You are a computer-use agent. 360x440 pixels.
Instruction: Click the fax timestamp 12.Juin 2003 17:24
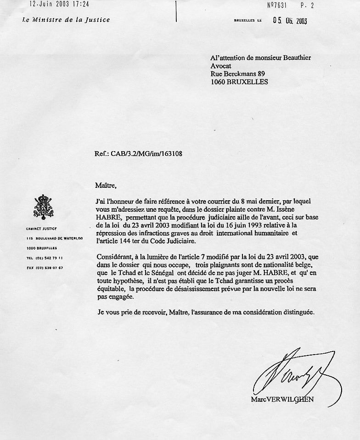[x=59, y=4]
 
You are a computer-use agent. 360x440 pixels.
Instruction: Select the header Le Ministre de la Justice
[x=66, y=20]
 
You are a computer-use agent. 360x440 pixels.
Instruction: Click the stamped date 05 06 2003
[x=290, y=20]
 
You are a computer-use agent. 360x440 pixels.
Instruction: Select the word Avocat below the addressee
[x=221, y=66]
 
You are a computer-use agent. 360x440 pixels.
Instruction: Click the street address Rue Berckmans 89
[x=238, y=73]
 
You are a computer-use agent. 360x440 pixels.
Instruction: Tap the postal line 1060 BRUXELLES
[x=239, y=82]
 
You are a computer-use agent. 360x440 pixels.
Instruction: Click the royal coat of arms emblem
[x=44, y=207]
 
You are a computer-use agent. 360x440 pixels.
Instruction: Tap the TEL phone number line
[x=45, y=258]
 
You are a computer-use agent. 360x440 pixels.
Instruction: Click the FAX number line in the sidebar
[x=45, y=267]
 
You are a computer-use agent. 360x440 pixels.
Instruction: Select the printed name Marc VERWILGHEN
[x=282, y=399]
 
